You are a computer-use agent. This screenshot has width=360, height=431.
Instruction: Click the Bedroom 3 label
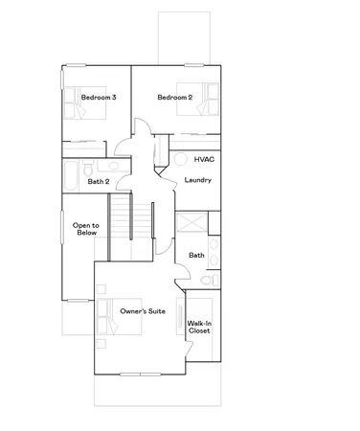[98, 98]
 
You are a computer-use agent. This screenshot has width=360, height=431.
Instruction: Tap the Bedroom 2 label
[175, 98]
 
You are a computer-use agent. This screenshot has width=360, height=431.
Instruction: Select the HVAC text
[203, 159]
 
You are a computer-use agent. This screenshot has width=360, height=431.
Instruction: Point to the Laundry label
[197, 179]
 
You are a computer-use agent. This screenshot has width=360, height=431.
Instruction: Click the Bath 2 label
[99, 181]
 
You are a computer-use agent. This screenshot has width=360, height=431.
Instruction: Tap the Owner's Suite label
[141, 312]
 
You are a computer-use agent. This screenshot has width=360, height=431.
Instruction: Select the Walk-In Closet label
[199, 328]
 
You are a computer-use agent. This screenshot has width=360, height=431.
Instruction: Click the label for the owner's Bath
[196, 255]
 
